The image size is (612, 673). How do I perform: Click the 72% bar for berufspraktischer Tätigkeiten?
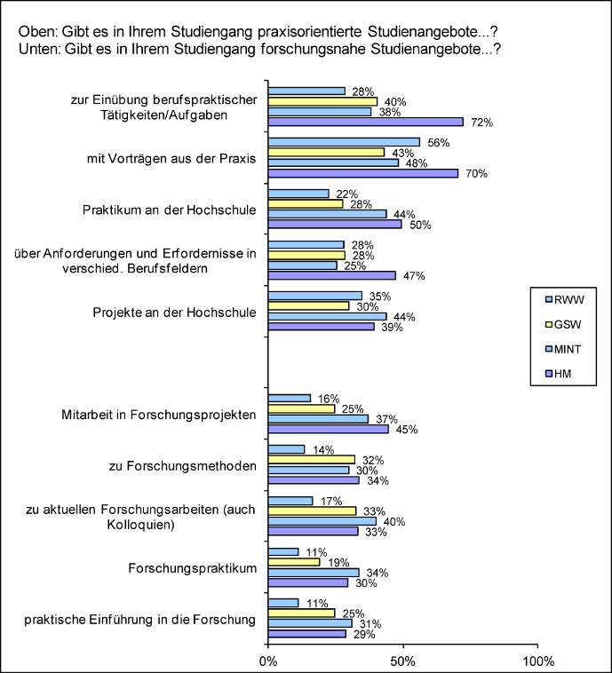pyautogui.click(x=366, y=122)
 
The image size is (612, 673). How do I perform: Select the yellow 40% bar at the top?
pyautogui.click(x=323, y=101)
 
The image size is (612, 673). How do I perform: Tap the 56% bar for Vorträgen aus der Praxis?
pyautogui.click(x=344, y=142)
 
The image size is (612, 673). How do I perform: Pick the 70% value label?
pyautogui.click(x=477, y=173)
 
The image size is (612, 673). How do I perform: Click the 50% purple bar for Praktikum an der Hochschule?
pyautogui.click(x=335, y=224)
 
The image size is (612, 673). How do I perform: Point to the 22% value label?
pyautogui.click(x=347, y=194)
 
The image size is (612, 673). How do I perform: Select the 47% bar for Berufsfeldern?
pyautogui.click(x=332, y=275)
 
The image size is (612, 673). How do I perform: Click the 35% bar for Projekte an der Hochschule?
pyautogui.click(x=315, y=296)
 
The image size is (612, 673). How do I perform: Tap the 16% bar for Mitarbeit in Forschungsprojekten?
pyautogui.click(x=290, y=399)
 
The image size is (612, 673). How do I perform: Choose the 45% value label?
pyautogui.click(x=407, y=429)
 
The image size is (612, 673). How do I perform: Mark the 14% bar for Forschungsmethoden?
pyautogui.click(x=287, y=449)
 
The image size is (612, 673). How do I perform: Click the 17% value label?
pyautogui.click(x=331, y=501)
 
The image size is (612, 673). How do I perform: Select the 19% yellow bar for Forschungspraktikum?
pyautogui.click(x=294, y=562)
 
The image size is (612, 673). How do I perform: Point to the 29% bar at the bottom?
pyautogui.click(x=307, y=634)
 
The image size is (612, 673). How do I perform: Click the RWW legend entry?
pyautogui.click(x=565, y=299)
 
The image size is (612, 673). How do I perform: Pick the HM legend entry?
pyautogui.click(x=559, y=374)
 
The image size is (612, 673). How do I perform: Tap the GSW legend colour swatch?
pyautogui.click(x=548, y=324)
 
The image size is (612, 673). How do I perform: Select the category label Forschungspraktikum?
pyautogui.click(x=193, y=568)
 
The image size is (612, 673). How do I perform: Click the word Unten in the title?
pyautogui.click(x=38, y=50)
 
